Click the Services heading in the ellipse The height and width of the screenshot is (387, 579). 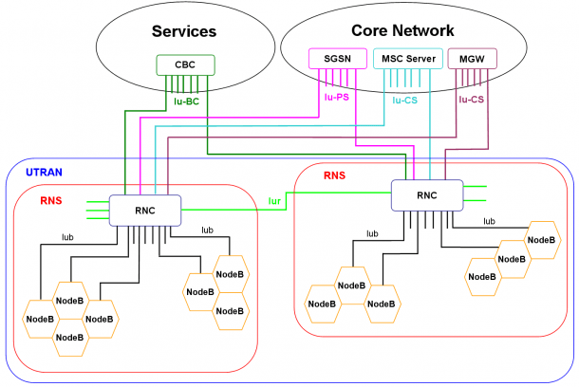(x=184, y=31)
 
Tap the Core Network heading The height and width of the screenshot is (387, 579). (x=402, y=30)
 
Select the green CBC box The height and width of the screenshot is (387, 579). (x=185, y=64)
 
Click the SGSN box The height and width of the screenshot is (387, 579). (x=338, y=58)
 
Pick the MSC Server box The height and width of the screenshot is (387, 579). (x=408, y=58)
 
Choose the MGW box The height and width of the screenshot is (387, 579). (x=472, y=58)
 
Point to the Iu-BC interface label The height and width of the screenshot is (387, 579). (x=186, y=101)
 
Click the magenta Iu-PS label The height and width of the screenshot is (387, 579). (x=336, y=98)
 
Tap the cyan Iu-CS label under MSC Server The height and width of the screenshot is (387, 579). (x=404, y=101)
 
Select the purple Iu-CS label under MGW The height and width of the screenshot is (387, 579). (x=471, y=100)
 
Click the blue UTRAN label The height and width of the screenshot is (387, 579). (x=44, y=173)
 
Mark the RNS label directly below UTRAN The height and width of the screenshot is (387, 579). (x=51, y=201)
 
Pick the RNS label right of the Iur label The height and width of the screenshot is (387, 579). (x=334, y=175)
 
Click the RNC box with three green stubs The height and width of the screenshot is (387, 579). (x=145, y=211)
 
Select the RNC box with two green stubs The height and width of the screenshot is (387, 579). (x=427, y=195)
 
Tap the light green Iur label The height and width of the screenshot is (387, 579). (x=274, y=201)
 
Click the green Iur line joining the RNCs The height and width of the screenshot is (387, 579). (x=286, y=201)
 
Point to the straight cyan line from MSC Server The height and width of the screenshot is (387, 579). (x=430, y=124)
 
